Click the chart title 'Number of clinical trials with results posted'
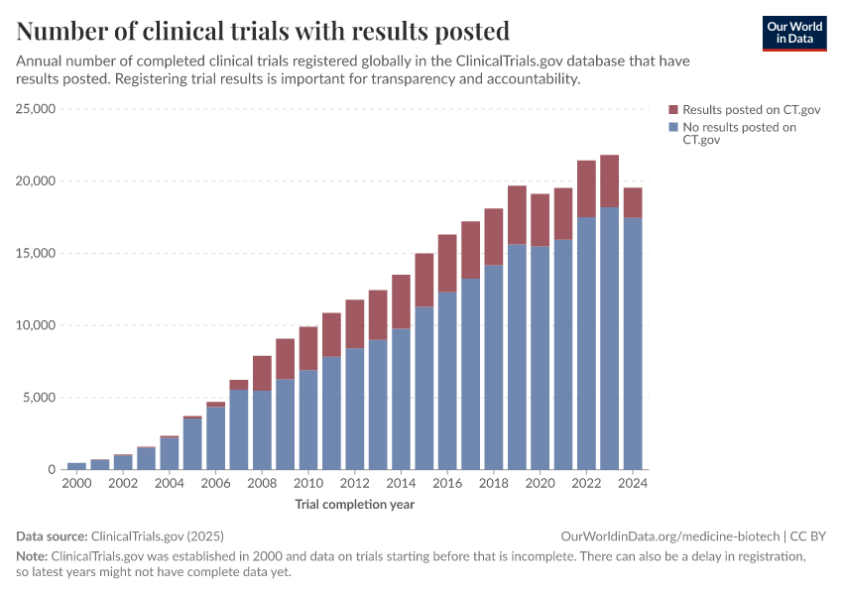263,31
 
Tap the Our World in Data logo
793,33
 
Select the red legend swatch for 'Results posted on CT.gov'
673,109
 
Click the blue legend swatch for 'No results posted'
673,127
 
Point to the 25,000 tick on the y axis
36,109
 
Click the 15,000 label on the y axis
36,253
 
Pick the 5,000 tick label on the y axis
40,398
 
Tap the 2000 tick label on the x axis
76,483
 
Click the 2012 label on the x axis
354,483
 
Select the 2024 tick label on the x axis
632,483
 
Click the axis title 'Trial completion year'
354,505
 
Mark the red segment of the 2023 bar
609,181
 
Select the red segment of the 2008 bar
262,373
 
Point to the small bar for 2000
76,466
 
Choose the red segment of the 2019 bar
517,215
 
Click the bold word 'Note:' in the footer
32,556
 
